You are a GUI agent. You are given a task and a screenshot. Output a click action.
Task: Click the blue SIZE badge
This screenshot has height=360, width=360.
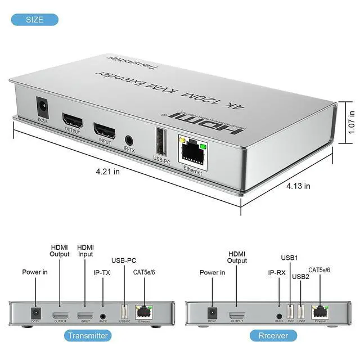tap(34, 20)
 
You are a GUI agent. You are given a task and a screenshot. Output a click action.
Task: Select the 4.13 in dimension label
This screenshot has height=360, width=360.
tap(299, 186)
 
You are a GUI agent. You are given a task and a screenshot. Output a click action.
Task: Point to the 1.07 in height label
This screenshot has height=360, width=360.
tap(352, 120)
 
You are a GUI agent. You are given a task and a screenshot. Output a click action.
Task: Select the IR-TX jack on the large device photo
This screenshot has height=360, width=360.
tap(130, 139)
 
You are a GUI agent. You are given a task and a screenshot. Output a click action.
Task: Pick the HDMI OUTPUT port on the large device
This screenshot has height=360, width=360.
tap(73, 121)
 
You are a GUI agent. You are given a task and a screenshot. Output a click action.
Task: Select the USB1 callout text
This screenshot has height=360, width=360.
tap(290, 258)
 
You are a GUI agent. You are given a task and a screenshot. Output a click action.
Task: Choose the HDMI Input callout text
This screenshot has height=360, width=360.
tap(85, 251)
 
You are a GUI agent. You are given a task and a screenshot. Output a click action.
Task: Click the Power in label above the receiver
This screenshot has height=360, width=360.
tap(212, 272)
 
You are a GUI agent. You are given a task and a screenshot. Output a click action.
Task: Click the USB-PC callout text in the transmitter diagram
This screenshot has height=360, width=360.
tap(124, 260)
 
